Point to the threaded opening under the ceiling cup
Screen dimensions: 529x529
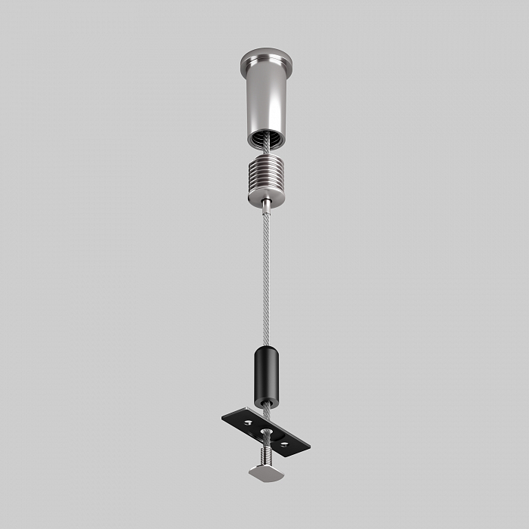pos(264,139)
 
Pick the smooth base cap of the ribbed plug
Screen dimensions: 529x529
pos(265,194)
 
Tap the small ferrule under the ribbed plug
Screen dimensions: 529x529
pos(267,204)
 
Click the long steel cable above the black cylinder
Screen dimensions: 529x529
pos(266,280)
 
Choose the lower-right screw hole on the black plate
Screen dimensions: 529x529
pos(285,444)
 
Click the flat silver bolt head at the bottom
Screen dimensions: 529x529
pos(265,472)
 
